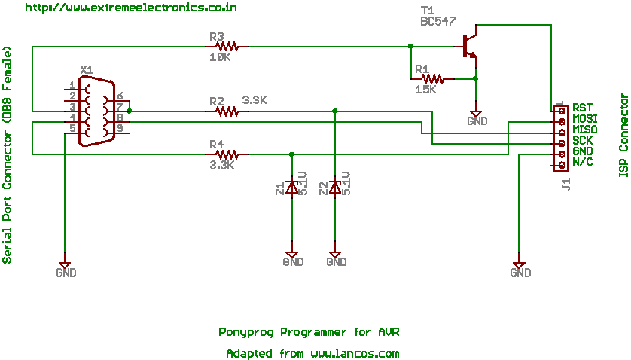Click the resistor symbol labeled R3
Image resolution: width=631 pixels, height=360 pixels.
coord(227,47)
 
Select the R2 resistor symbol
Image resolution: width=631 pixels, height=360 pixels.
coord(227,111)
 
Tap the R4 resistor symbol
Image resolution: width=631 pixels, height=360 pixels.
coord(227,154)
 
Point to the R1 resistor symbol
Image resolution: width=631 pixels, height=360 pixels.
coord(433,78)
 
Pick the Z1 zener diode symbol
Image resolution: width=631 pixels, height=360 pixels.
coord(291,187)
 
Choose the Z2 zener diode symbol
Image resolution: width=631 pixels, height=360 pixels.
coord(335,187)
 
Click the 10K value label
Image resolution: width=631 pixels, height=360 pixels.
coord(219,57)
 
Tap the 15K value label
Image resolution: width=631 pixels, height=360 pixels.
coord(425,89)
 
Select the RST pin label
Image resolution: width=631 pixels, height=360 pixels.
coord(582,108)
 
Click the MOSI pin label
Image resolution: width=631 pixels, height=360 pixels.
coord(585,119)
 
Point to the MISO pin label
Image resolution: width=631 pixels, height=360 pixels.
coord(585,130)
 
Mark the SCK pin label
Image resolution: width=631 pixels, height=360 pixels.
coord(582,141)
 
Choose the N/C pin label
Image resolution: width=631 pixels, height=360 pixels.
coord(582,163)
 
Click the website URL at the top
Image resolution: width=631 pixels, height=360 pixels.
coord(132,8)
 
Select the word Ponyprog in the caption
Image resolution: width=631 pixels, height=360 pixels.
coord(246,332)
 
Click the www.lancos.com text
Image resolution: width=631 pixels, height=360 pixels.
coord(355,353)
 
